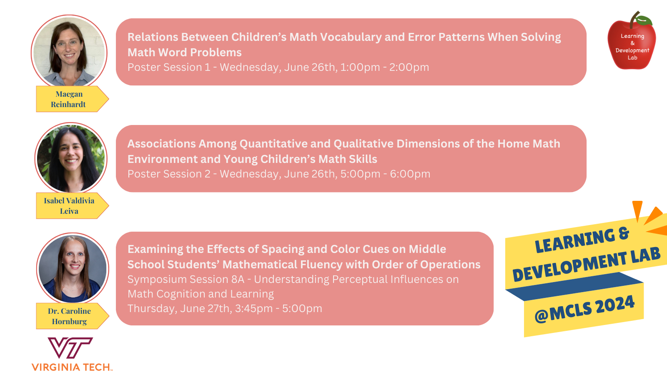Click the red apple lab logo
click(632, 41)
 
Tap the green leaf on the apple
click(644, 20)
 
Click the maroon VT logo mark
click(70, 347)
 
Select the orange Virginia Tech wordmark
click(72, 367)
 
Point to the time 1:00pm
click(360, 67)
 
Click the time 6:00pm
click(410, 174)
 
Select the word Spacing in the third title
click(283, 250)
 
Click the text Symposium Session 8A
click(186, 280)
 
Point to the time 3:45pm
click(254, 309)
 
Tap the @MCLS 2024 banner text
click(584, 310)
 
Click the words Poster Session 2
click(169, 174)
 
